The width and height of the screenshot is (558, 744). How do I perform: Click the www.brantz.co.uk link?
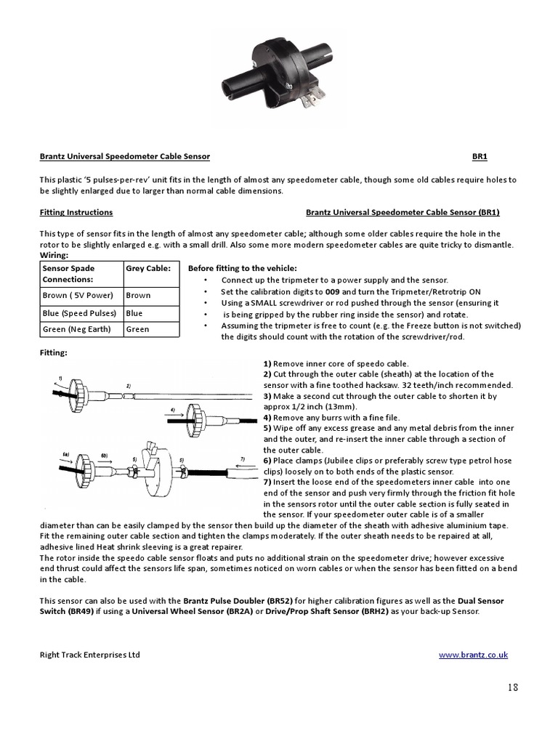[x=473, y=655]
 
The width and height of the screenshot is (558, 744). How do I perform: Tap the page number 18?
[x=513, y=688]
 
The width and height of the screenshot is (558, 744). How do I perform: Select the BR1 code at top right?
[x=480, y=156]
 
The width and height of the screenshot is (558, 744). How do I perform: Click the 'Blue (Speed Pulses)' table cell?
[x=79, y=313]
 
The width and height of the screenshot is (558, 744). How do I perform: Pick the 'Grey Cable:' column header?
[x=148, y=268]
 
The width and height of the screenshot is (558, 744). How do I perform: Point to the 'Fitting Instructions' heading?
[x=76, y=212]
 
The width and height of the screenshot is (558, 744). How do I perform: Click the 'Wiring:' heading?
[x=54, y=256]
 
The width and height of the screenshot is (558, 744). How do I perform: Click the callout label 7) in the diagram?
[x=243, y=460]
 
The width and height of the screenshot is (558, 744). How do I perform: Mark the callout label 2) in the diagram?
[x=129, y=385]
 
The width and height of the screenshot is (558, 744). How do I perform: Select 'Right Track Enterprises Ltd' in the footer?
[x=89, y=655]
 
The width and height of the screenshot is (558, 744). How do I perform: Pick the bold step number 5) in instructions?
[x=267, y=428]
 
